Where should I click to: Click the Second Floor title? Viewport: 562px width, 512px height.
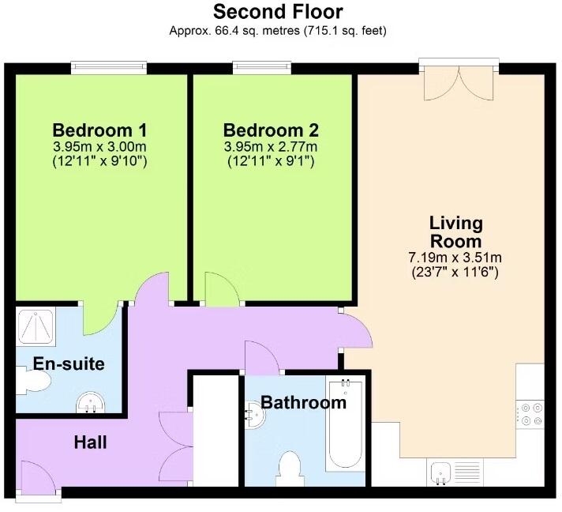(278, 12)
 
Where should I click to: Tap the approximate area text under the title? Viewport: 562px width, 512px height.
(278, 31)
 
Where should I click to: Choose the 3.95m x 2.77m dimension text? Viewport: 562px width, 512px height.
(271, 147)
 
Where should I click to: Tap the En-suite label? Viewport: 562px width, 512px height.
(69, 364)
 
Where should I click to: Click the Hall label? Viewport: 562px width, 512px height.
(91, 442)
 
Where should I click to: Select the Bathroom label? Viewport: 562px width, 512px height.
(303, 403)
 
